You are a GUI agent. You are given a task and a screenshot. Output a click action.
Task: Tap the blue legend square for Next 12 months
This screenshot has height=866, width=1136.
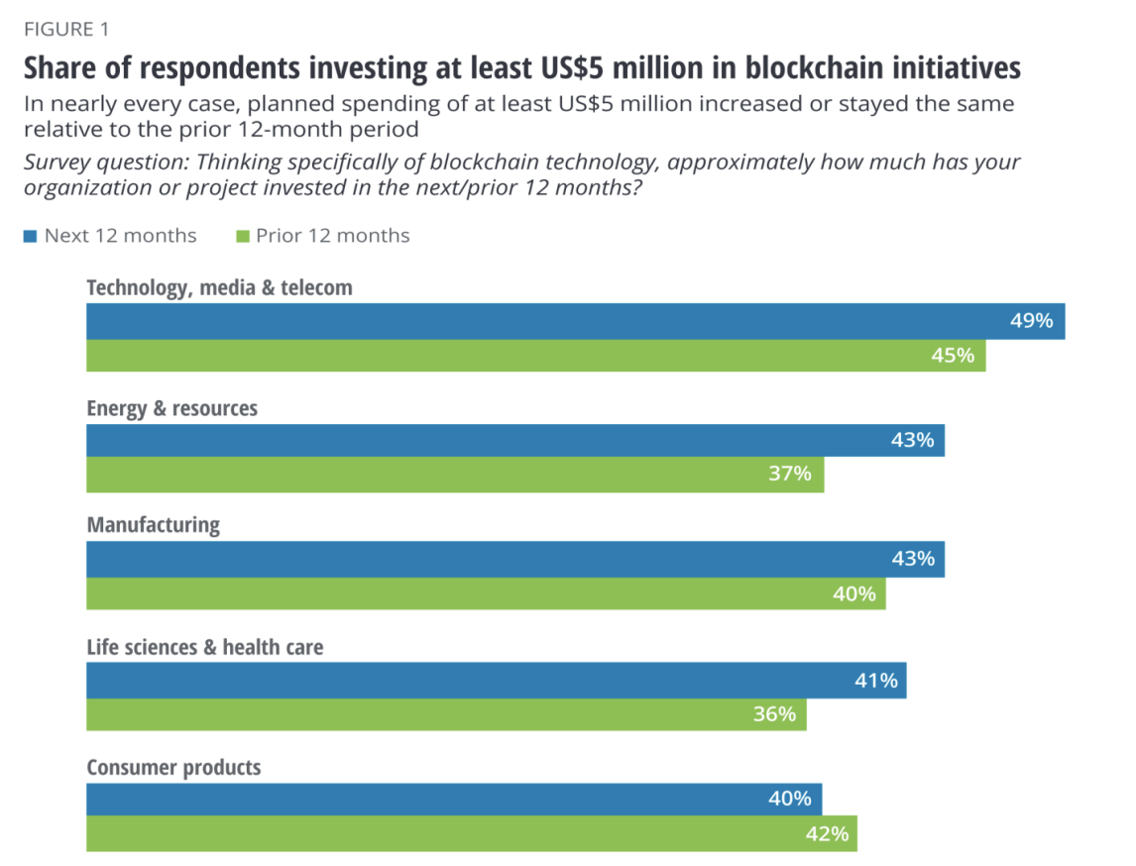click(30, 236)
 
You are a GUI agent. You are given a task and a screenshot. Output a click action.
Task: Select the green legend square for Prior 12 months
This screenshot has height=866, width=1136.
click(241, 236)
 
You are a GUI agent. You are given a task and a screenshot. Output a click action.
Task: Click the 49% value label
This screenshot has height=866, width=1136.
click(1032, 321)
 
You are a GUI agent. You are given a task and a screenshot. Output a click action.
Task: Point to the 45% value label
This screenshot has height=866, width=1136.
click(954, 355)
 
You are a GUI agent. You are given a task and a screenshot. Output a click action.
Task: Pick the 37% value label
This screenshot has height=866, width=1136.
click(790, 474)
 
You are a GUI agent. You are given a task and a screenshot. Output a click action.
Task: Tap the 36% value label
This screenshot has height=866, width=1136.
click(774, 713)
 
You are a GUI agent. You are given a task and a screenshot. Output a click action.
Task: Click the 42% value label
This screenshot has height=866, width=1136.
click(826, 833)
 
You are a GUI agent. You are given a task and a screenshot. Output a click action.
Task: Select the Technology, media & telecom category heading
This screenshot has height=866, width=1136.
click(219, 287)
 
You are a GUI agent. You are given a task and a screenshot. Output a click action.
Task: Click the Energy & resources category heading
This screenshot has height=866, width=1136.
click(171, 408)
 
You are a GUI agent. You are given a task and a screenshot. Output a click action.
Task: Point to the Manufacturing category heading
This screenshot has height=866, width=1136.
click(153, 524)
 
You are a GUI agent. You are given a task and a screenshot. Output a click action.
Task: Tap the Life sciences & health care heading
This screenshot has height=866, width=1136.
click(204, 647)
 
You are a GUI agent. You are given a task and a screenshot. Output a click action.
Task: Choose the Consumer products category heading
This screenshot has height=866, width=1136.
click(173, 767)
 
